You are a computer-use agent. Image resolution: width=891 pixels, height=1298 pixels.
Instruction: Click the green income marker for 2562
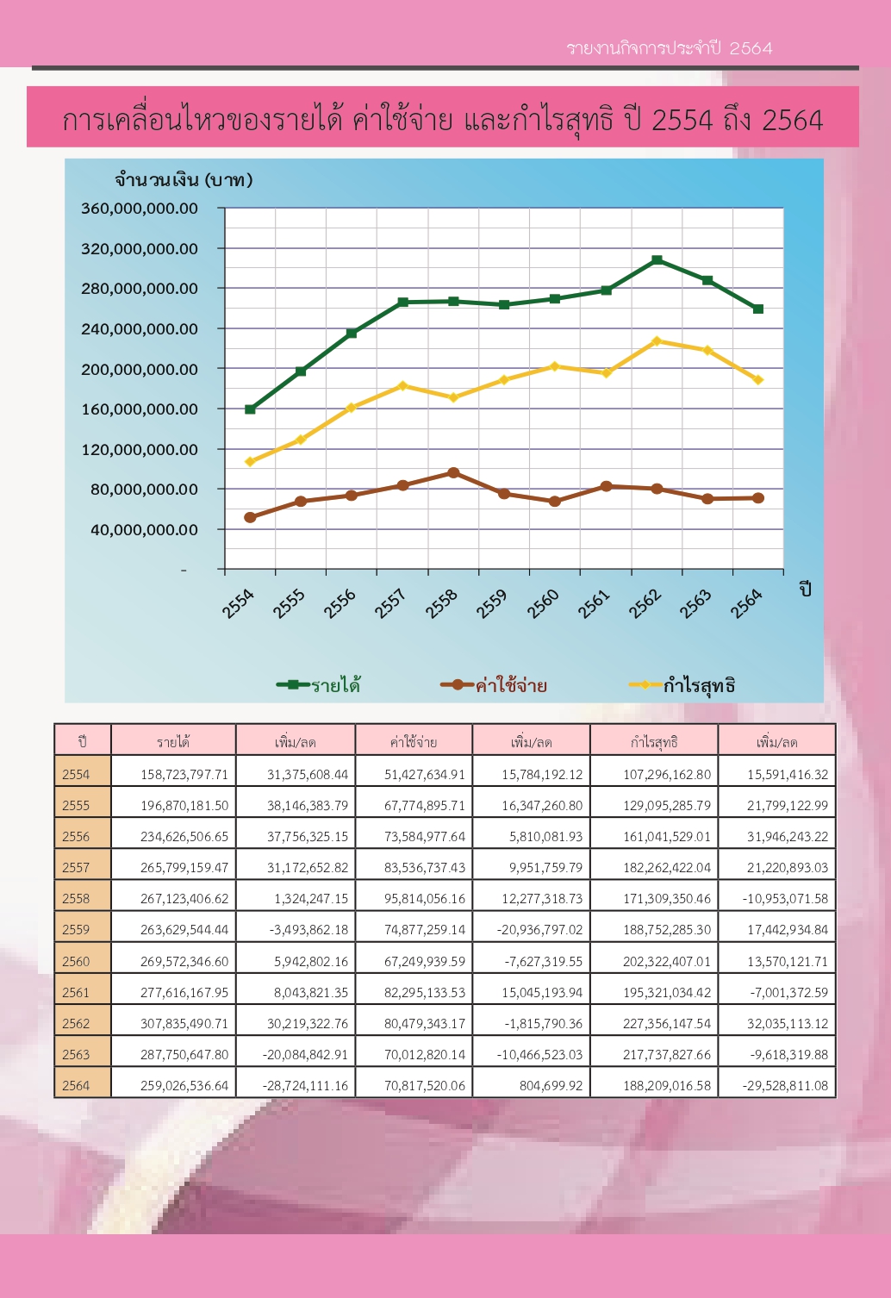click(x=657, y=260)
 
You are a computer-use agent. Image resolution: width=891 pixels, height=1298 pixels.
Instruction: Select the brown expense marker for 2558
click(x=453, y=473)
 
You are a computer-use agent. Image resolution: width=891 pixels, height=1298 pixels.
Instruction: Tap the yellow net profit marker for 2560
click(x=555, y=366)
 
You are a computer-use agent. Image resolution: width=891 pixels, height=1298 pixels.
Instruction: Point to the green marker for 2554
click(x=250, y=409)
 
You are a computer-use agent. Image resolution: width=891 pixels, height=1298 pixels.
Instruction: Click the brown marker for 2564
click(x=758, y=498)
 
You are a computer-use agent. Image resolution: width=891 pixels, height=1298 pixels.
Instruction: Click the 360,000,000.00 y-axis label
click(x=140, y=209)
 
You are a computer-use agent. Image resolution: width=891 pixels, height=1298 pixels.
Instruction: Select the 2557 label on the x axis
click(x=389, y=604)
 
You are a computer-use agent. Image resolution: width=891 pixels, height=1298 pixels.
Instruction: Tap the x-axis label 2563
click(x=695, y=604)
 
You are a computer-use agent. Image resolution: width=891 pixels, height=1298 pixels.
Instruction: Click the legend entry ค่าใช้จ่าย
click(x=494, y=685)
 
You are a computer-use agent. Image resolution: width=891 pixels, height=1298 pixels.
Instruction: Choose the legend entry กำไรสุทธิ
click(x=682, y=685)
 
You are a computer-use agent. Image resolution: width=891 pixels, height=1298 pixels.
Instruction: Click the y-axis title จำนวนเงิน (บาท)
click(x=184, y=180)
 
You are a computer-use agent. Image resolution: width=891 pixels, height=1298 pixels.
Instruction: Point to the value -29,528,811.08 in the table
click(x=785, y=1086)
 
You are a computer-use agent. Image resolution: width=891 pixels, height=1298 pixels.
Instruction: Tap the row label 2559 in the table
click(x=76, y=930)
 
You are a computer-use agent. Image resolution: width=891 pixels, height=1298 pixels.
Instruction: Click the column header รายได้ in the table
click(x=173, y=742)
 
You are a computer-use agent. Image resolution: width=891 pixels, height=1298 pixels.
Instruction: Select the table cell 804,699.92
click(x=551, y=1086)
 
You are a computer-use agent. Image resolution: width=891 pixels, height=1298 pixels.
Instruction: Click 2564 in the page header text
click(x=751, y=48)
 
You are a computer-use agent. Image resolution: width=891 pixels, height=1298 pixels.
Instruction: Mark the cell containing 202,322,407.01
click(x=667, y=962)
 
